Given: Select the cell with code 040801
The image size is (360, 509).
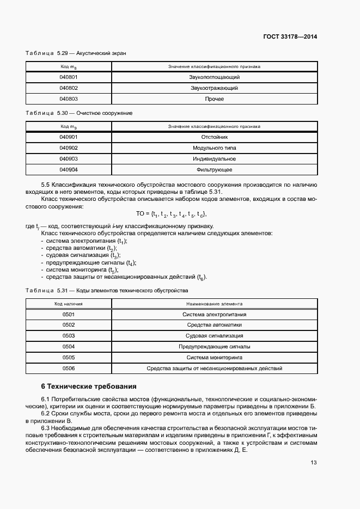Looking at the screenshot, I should tap(69, 77).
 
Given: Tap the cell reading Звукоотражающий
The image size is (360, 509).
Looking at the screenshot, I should tap(214, 88).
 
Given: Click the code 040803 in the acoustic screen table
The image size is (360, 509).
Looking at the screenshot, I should tap(69, 99).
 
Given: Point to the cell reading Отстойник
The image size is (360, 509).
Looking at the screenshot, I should tap(214, 137).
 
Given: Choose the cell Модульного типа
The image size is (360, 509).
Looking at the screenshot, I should tap(214, 148).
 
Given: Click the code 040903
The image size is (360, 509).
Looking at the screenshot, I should tap(69, 159).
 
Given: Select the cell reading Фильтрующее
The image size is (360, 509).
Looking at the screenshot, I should tap(214, 170).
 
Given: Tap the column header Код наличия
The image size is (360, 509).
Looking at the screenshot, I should tap(69, 304).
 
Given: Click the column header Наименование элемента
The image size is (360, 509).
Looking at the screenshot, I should tap(214, 304).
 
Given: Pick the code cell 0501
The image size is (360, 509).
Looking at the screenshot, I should tap(69, 315).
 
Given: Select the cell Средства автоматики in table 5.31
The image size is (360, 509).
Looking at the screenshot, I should tap(214, 325).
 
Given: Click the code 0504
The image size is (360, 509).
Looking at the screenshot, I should tap(69, 347).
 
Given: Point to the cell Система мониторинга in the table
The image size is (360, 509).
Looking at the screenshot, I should tap(214, 358).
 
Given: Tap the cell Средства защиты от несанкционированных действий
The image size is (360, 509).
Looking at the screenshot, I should tap(214, 369).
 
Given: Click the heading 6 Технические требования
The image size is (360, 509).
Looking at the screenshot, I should tap(89, 387).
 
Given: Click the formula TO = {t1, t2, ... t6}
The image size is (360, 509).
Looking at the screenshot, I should tap(171, 214).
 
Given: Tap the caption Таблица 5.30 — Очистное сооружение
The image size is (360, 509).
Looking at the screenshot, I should tap(79, 113).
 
